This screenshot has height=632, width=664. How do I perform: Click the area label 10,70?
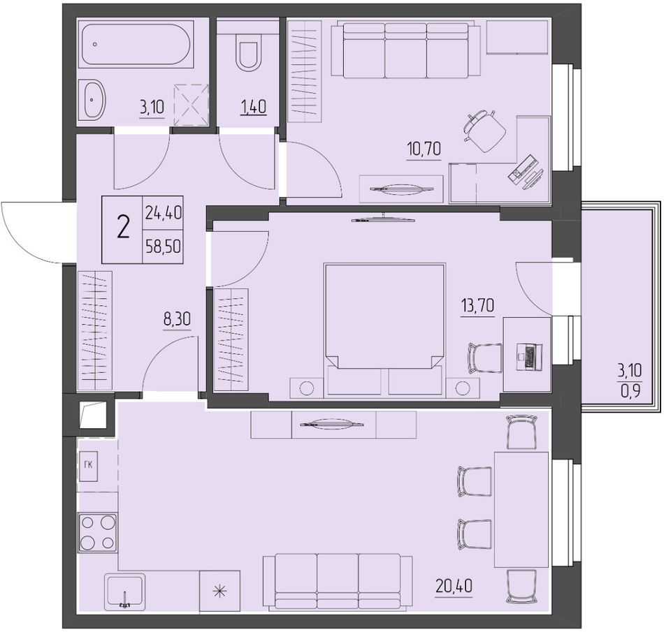tap(424, 149)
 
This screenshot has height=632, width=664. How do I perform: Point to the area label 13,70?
tap(477, 304)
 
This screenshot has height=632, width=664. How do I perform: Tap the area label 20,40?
tap(454, 586)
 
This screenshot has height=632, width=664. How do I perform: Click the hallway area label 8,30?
tap(177, 318)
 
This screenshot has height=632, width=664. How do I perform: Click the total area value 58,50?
tap(163, 246)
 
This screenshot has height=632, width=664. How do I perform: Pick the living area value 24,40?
tap(163, 212)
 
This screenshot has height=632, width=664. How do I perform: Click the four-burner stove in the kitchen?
tap(97, 532)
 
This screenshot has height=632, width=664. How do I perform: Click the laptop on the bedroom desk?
tap(529, 355)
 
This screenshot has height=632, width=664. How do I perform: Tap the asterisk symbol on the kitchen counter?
tap(219, 591)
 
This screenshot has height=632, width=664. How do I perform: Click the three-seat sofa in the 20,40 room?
tap(338, 582)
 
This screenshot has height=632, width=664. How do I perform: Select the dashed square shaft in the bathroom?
tap(191, 105)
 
